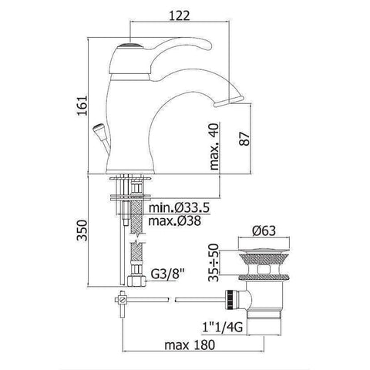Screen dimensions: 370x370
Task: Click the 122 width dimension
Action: pos(180,16)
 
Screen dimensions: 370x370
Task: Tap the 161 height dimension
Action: pos(82,106)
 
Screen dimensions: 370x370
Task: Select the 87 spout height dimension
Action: pos(244,139)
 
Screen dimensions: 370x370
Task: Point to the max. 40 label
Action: pos(214,146)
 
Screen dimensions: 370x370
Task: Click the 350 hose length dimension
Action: pos(82,230)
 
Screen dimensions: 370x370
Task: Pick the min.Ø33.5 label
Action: pos(180,207)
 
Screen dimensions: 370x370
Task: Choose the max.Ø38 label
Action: pos(175,220)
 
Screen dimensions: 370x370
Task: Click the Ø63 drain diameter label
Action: pos(264,230)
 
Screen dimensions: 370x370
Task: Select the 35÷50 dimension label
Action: pos(214,262)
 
